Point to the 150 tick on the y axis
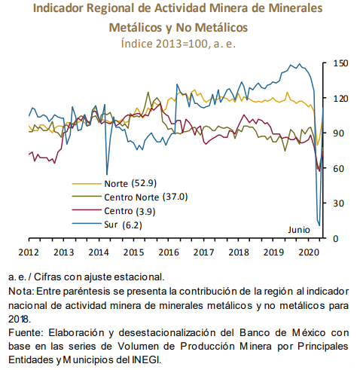(340, 63)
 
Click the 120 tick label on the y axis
(340, 99)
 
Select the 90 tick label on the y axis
(338, 133)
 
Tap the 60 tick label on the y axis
(338, 168)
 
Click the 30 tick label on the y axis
(338, 203)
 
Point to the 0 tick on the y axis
(336, 238)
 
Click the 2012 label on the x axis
(29, 252)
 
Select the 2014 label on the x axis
(99, 252)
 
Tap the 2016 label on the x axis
(169, 252)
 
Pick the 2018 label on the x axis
(239, 252)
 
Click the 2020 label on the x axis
(309, 252)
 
